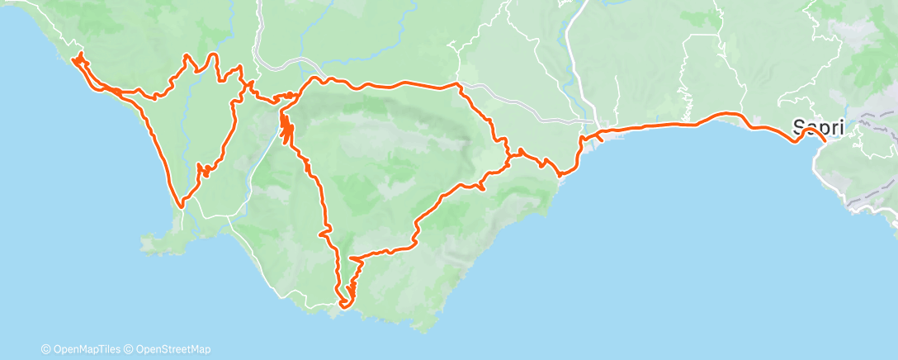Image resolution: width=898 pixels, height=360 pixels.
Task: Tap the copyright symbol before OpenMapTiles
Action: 46,349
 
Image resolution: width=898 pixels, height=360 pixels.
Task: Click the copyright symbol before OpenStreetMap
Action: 130,349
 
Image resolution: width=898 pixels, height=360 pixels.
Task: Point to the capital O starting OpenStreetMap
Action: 139,349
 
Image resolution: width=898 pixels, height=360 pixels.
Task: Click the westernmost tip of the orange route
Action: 74,59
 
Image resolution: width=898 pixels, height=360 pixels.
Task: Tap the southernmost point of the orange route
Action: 343,305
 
